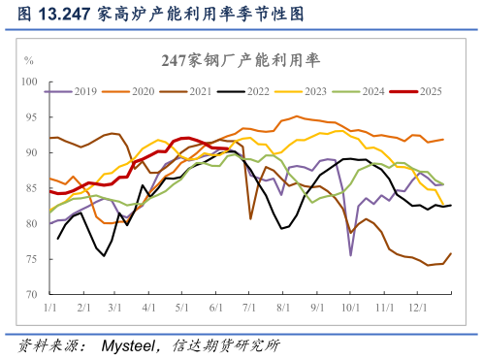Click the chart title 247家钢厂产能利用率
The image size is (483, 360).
coord(241,60)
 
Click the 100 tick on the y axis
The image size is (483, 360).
coord(30,82)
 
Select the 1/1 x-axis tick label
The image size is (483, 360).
coord(49,307)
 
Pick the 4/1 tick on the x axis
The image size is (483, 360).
coord(148,307)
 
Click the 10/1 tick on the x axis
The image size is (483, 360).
coord(349,307)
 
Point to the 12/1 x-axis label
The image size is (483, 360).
coord(417,307)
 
